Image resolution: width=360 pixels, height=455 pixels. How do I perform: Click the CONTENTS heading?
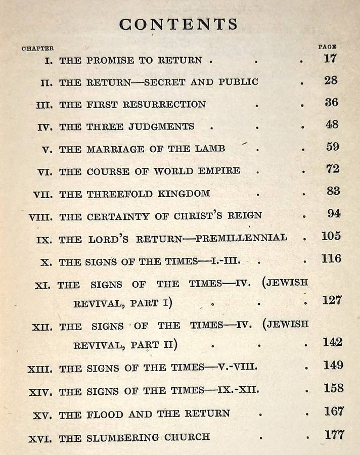pos(178,24)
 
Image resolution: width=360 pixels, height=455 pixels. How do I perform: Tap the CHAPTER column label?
pos(38,49)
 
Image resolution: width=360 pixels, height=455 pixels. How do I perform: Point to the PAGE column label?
pos(327,47)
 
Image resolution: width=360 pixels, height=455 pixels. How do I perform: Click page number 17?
pos(330,58)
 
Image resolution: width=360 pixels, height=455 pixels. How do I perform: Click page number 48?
pos(332,124)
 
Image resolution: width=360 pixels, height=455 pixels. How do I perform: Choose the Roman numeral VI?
pos(44,172)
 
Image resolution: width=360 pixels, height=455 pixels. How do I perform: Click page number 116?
pos(331,259)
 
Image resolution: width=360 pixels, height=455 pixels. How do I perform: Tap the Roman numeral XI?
pos(42,285)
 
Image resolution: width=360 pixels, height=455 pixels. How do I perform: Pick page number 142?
pos(333,342)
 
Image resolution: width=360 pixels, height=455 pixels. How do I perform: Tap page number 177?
pos(334,434)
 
